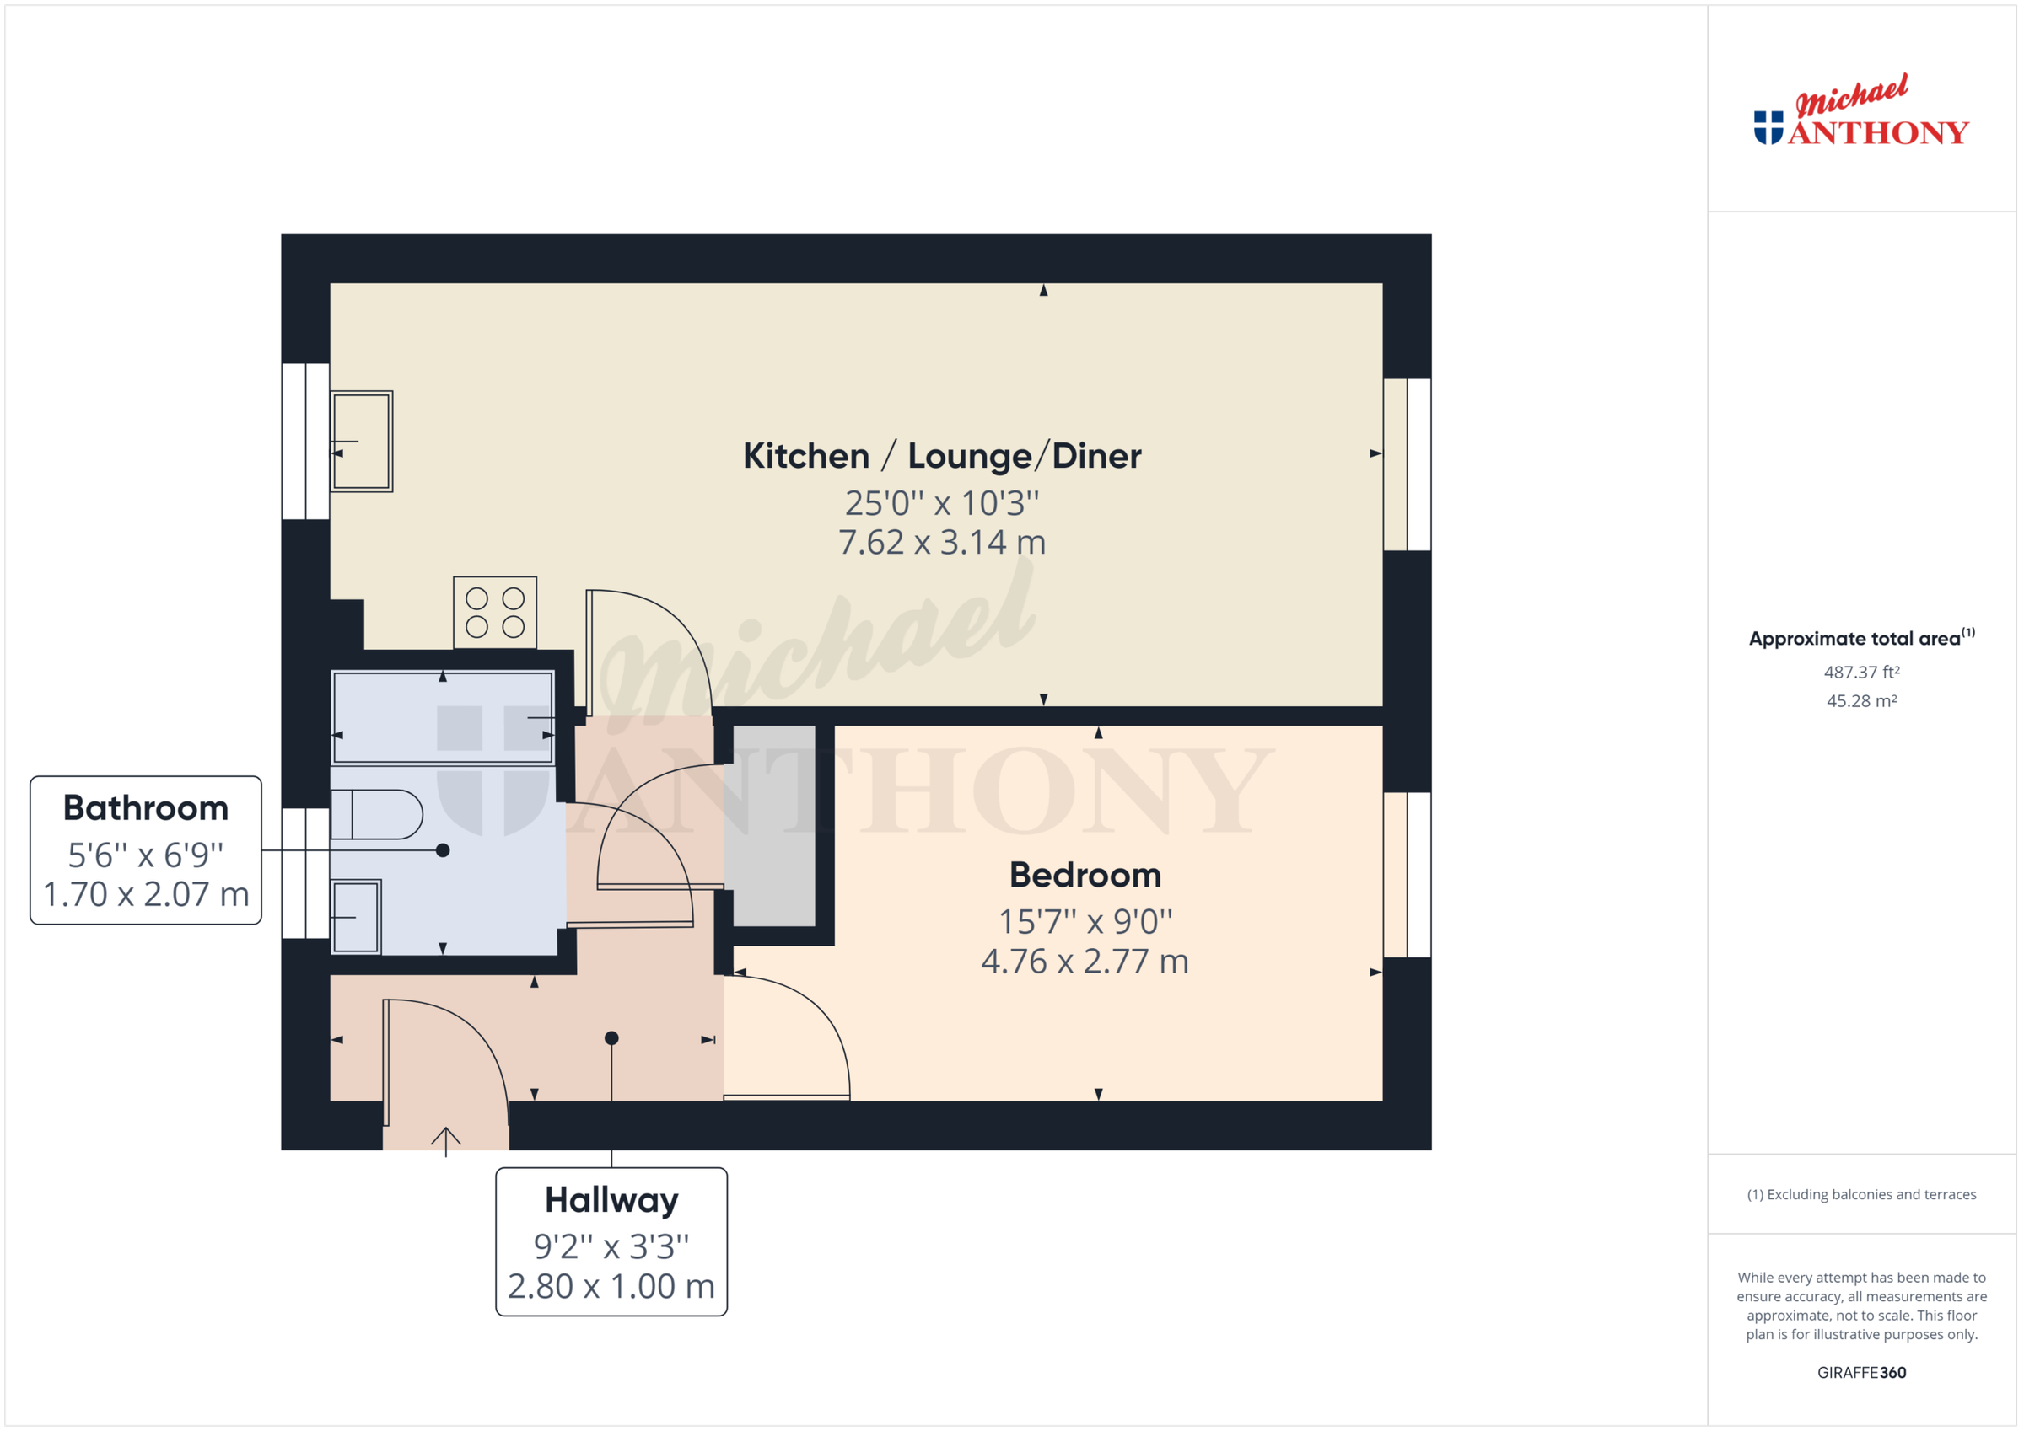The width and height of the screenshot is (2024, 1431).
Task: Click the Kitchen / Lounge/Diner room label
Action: pyautogui.click(x=941, y=456)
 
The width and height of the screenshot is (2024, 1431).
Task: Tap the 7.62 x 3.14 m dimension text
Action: pyautogui.click(x=941, y=542)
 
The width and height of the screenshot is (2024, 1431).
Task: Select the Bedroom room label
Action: pyautogui.click(x=1085, y=875)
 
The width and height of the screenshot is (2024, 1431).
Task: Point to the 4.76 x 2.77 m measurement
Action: pyautogui.click(x=1085, y=962)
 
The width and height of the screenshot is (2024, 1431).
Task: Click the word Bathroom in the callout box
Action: pyautogui.click(x=145, y=808)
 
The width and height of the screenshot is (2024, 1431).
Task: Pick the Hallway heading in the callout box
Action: pyautogui.click(x=611, y=1200)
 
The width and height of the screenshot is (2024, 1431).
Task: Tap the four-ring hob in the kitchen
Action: pyautogui.click(x=494, y=613)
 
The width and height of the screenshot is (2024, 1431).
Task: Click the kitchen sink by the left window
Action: pyautogui.click(x=362, y=441)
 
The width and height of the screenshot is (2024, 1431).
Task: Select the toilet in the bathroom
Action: pyautogui.click(x=377, y=814)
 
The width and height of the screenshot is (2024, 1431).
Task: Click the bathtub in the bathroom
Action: pyautogui.click(x=443, y=717)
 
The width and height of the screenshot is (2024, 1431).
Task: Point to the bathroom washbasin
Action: pyautogui.click(x=356, y=916)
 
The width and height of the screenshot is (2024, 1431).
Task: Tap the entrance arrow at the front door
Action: pyautogui.click(x=445, y=1139)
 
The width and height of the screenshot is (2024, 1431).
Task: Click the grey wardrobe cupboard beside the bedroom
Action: pyautogui.click(x=774, y=826)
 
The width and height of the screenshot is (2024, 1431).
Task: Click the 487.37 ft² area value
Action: pyautogui.click(x=1861, y=673)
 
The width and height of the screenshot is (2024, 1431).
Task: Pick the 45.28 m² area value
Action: pyautogui.click(x=1861, y=701)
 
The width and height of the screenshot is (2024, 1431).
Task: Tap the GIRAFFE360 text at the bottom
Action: pyautogui.click(x=1861, y=1372)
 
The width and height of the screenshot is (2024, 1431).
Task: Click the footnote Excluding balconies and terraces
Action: pyautogui.click(x=1861, y=1194)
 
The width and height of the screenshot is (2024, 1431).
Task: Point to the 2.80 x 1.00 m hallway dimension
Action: pyautogui.click(x=611, y=1287)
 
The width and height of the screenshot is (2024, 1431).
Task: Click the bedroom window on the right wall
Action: pyautogui.click(x=1407, y=875)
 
